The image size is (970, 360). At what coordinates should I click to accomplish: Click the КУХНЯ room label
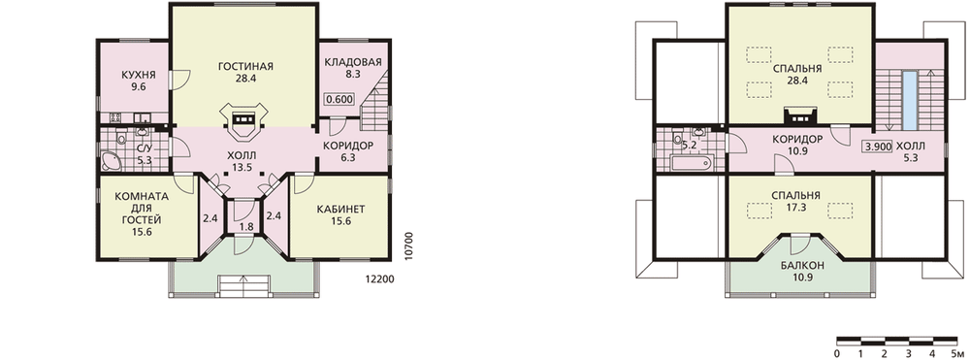click(x=138, y=75)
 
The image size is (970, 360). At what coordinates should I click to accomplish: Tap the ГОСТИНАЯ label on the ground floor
click(x=245, y=67)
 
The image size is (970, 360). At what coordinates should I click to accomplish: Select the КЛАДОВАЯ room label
click(x=353, y=62)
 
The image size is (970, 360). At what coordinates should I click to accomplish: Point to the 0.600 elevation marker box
click(x=339, y=98)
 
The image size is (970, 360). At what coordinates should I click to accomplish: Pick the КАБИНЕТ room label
click(x=340, y=209)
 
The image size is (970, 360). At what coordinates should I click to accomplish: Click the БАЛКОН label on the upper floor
click(x=802, y=266)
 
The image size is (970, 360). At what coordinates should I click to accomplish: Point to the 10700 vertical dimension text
click(x=407, y=247)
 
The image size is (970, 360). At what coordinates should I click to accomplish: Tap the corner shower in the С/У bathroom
click(x=112, y=161)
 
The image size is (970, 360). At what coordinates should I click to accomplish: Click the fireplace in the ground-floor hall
click(x=245, y=121)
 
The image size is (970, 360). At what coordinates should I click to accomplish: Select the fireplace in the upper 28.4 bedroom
click(x=801, y=115)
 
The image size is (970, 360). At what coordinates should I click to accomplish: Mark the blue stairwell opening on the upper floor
click(x=910, y=101)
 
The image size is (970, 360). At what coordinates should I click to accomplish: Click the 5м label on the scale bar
click(x=953, y=353)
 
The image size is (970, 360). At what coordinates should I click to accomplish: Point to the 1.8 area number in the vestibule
click(x=245, y=226)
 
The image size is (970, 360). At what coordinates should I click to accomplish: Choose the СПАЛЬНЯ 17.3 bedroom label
click(x=795, y=201)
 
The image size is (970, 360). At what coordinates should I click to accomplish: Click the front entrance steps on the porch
click(x=245, y=284)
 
